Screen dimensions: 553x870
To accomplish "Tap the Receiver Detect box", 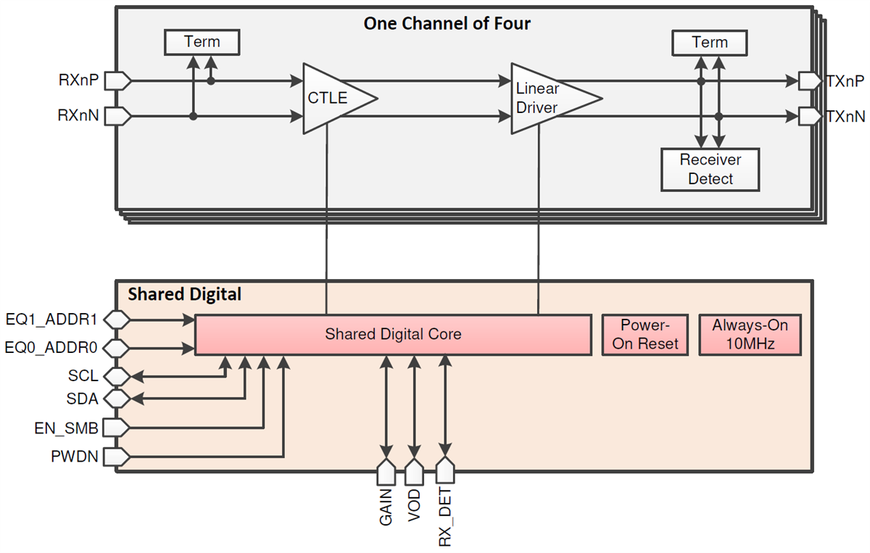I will [710, 169].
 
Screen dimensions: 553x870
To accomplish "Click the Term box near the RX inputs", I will [202, 42].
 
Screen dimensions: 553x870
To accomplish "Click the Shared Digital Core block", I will [393, 334].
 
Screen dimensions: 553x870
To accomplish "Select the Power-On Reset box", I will [645, 334].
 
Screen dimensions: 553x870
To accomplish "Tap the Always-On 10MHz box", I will [750, 334].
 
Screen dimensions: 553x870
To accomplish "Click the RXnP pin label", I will [79, 80].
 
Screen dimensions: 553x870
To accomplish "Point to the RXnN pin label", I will [79, 115].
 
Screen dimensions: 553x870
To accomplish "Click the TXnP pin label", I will [845, 80].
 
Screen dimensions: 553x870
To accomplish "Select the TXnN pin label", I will [845, 115].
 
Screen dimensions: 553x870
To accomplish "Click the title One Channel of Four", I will [447, 23].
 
